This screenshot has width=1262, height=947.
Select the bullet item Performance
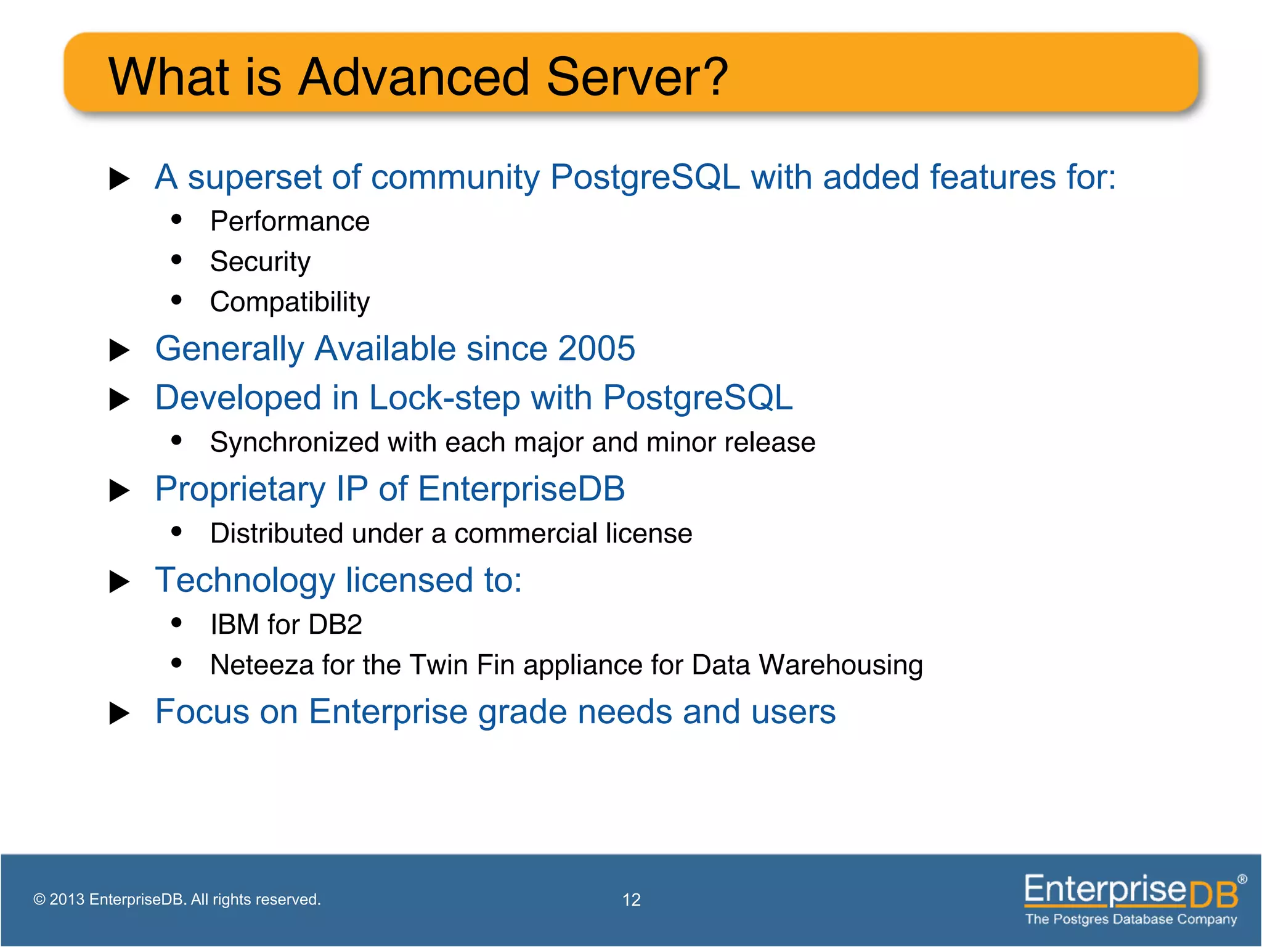[x=290, y=221]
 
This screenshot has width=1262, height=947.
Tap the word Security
[x=260, y=261]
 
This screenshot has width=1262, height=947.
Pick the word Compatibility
[x=290, y=302]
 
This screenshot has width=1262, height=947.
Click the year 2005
[x=596, y=348]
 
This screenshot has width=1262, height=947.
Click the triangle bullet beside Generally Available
[x=119, y=350]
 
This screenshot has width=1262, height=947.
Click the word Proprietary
[x=240, y=490]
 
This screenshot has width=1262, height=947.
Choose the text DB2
[x=335, y=625]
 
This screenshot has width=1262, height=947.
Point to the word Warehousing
[x=841, y=665]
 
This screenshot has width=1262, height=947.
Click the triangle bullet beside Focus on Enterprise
[x=119, y=713]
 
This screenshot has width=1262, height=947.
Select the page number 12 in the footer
[x=631, y=900]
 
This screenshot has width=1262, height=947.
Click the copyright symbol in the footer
[x=39, y=900]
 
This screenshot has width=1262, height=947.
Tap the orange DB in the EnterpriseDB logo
[x=1213, y=895]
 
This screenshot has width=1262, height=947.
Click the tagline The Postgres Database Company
[x=1131, y=919]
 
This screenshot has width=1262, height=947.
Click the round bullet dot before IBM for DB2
[x=177, y=623]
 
